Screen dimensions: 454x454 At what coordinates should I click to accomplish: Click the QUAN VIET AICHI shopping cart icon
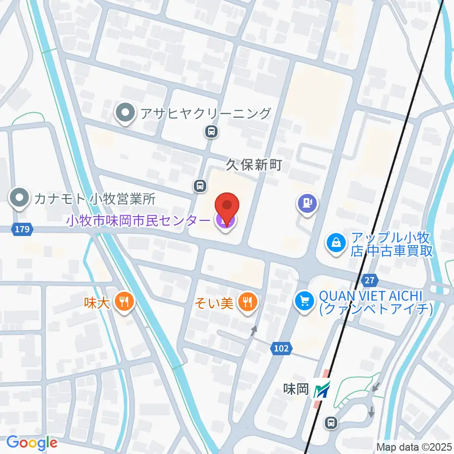[305, 301]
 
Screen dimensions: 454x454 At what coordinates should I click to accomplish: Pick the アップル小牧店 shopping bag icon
[336, 243]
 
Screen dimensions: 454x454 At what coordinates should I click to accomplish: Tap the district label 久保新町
[253, 165]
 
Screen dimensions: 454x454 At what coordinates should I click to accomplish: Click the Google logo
[32, 443]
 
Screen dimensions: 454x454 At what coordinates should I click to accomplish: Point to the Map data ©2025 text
[414, 446]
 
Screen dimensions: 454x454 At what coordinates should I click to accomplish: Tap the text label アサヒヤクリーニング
[205, 113]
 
